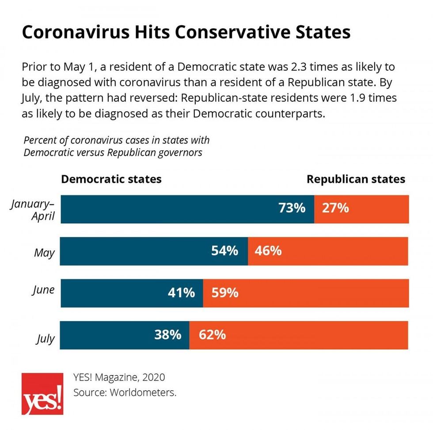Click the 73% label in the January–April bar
click(x=292, y=208)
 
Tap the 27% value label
click(x=335, y=208)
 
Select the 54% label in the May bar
click(x=225, y=251)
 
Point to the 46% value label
click(x=268, y=251)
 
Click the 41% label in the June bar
click(x=181, y=293)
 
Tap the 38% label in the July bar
click(x=167, y=335)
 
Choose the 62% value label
click(x=213, y=335)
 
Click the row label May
click(x=45, y=253)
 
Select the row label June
click(x=43, y=290)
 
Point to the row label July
click(x=45, y=340)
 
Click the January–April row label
click(x=33, y=211)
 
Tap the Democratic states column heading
click(x=111, y=179)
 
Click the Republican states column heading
click(x=356, y=179)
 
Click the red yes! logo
click(x=42, y=394)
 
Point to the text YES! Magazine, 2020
click(x=119, y=377)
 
